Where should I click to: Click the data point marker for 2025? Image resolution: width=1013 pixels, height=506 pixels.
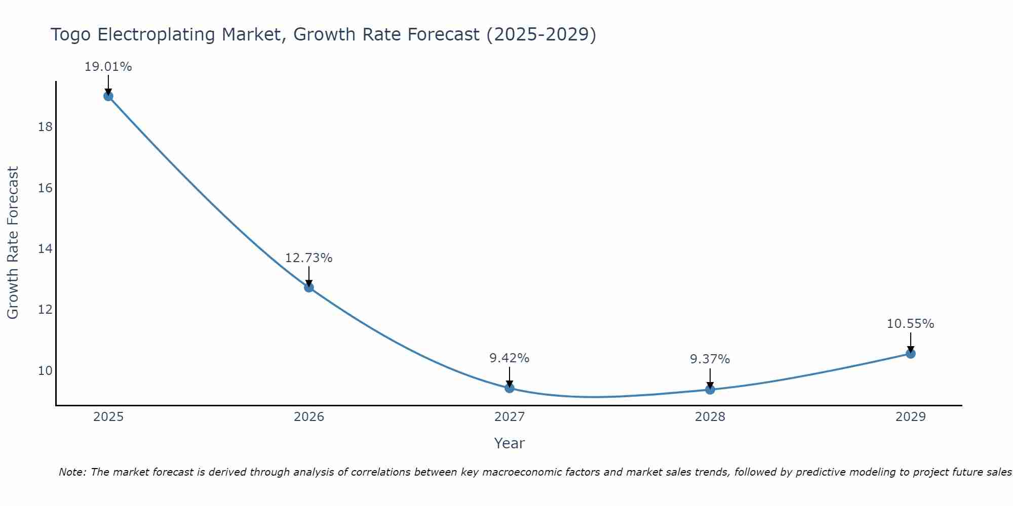click(x=108, y=96)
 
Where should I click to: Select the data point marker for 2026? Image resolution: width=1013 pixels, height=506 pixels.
click(x=309, y=287)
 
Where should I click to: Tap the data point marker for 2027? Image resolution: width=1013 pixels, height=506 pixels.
click(x=510, y=388)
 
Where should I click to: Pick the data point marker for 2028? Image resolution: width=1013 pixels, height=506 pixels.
click(x=710, y=390)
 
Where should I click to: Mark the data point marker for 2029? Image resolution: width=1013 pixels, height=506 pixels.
click(x=911, y=354)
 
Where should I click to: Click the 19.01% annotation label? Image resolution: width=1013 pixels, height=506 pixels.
click(x=108, y=67)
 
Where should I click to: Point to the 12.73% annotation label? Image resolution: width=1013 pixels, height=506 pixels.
click(x=309, y=258)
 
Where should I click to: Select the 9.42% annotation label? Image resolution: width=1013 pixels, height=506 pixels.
click(x=510, y=358)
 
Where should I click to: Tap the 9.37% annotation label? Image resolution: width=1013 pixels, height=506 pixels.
click(x=710, y=359)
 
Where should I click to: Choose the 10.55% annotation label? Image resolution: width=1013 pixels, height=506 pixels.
click(x=911, y=324)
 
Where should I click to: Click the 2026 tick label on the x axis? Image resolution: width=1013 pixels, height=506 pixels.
click(x=309, y=417)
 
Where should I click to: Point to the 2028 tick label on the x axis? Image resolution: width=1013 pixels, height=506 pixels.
click(x=710, y=417)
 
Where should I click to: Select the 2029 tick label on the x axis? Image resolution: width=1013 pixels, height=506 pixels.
click(x=911, y=417)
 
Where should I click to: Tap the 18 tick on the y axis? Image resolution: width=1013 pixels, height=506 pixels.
click(x=45, y=127)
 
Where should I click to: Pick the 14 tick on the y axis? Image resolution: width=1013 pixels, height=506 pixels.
click(x=45, y=249)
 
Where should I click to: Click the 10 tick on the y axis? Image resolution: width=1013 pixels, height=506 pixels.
click(x=45, y=371)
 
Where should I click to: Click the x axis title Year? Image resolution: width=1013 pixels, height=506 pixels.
click(x=510, y=443)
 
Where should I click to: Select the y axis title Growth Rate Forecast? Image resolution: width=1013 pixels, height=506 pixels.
click(x=13, y=243)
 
